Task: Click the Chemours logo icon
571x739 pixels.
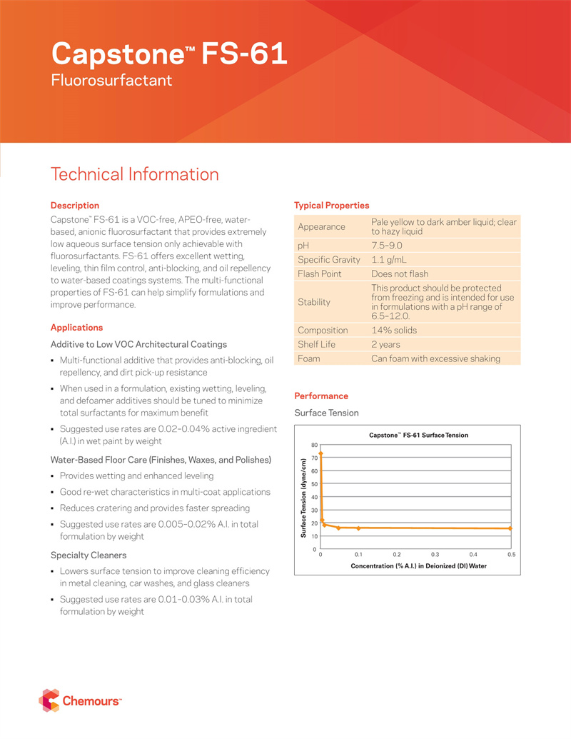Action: pyautogui.click(x=49, y=700)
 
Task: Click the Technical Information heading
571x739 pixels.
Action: pyautogui.click(x=134, y=174)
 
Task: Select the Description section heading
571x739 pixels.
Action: pyautogui.click(x=74, y=206)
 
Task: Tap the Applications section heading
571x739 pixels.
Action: pyautogui.click(x=76, y=328)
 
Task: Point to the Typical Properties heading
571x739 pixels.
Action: pyautogui.click(x=331, y=206)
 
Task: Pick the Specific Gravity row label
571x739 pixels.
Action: pyautogui.click(x=328, y=260)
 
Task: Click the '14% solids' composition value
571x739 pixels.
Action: pyautogui.click(x=394, y=331)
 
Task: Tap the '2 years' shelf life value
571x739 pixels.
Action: pyautogui.click(x=385, y=345)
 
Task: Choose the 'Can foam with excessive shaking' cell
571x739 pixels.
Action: pyautogui.click(x=435, y=358)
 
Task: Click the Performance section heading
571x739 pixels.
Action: pyautogui.click(x=321, y=396)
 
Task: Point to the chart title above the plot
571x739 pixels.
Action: pyautogui.click(x=418, y=435)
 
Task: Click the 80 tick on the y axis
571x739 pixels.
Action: pyautogui.click(x=314, y=446)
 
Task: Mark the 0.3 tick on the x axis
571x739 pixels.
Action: pyautogui.click(x=435, y=555)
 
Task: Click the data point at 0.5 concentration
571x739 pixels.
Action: pyautogui.click(x=510, y=528)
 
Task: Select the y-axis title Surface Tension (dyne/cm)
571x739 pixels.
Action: pyautogui.click(x=303, y=498)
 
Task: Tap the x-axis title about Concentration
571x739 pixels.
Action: pyautogui.click(x=418, y=565)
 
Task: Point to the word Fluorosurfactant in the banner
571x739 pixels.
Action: pyautogui.click(x=112, y=80)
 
